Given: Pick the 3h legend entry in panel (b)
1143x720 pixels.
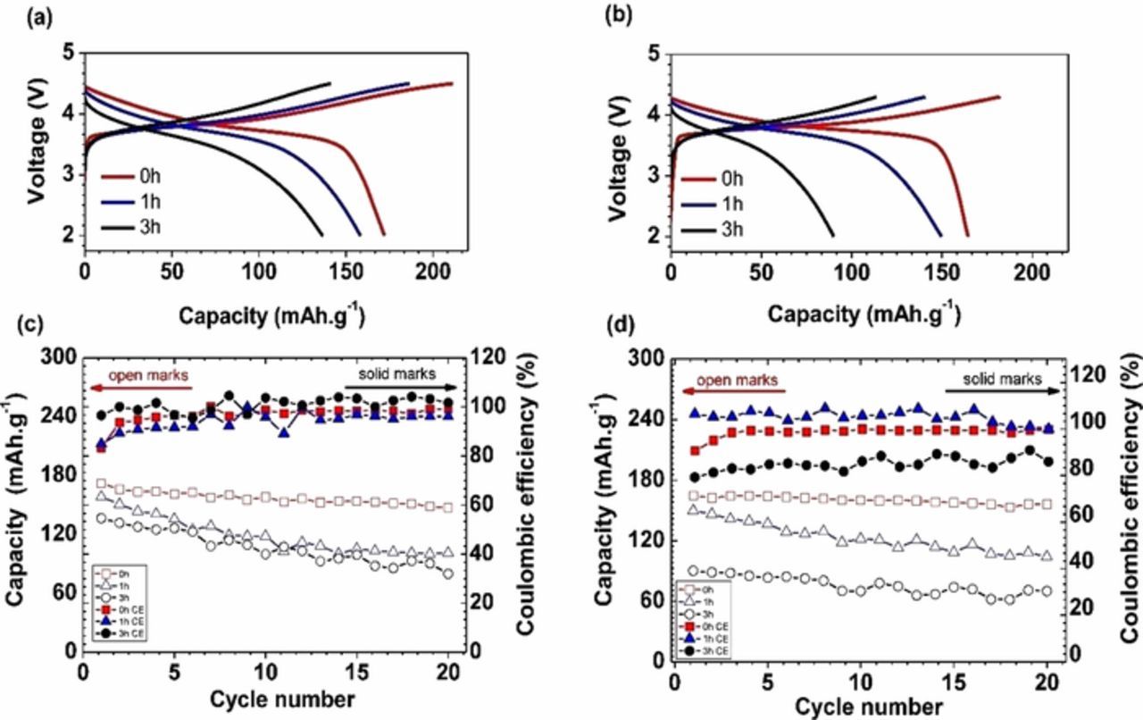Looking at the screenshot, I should (x=730, y=230).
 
